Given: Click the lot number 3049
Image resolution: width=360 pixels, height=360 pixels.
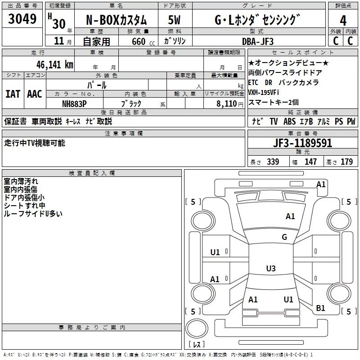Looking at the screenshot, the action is (22, 19).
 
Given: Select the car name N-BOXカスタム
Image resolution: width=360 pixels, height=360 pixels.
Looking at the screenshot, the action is (116, 20).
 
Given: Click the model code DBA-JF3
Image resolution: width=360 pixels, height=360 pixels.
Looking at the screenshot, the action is (257, 41).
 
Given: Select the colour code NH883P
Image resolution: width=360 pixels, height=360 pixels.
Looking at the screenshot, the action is (74, 103).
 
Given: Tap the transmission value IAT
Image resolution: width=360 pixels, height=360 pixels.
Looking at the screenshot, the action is (13, 94).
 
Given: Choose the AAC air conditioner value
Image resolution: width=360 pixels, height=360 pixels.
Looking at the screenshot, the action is (35, 94).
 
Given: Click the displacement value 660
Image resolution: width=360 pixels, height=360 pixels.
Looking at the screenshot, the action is (138, 41).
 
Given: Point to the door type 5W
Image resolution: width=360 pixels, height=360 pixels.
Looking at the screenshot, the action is (174, 20).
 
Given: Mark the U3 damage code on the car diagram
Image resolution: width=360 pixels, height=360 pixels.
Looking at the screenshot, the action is (270, 269).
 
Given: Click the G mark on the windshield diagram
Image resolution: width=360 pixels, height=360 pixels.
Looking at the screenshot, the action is (284, 237).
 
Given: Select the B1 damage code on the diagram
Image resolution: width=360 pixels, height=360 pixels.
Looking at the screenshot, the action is (320, 308).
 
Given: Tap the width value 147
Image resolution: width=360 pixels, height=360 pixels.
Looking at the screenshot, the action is (310, 162).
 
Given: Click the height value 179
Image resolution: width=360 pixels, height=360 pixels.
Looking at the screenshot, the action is (346, 162).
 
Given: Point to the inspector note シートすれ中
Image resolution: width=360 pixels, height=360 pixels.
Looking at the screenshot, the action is (25, 205).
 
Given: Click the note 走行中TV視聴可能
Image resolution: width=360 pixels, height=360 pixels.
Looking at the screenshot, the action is (35, 143).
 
